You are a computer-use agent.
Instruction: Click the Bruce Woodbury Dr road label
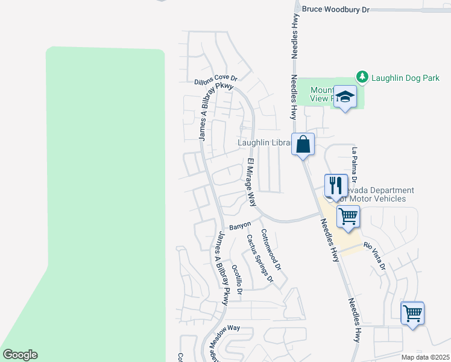tap(335, 9)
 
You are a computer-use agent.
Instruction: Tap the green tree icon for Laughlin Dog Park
tap(362, 77)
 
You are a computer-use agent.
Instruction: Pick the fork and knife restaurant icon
tap(336, 185)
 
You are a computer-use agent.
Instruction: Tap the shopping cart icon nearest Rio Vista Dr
tap(348, 215)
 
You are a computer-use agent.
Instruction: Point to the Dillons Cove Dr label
tap(216, 79)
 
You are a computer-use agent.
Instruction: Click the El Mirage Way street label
tap(252, 182)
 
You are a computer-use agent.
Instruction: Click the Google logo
tap(20, 355)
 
